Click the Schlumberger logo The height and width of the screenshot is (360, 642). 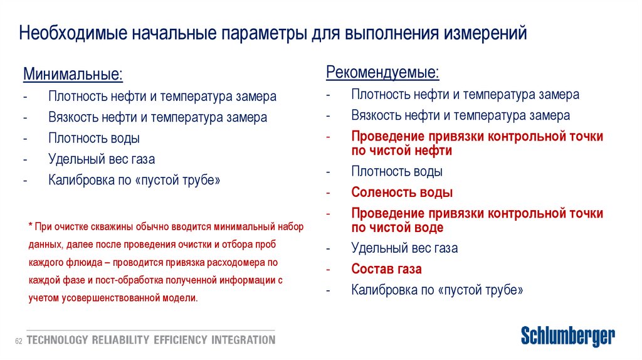coord(568,337)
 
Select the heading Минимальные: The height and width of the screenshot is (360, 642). coord(73,75)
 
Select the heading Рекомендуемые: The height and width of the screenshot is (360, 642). coord(382,72)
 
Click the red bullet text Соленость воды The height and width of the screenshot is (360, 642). coord(402,193)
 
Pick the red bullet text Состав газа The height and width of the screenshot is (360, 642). coord(386,269)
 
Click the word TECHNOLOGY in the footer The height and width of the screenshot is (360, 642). coord(57,340)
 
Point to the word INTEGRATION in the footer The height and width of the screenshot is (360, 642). coord(243,340)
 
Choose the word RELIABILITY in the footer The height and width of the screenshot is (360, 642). coord(120,340)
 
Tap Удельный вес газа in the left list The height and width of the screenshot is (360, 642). coord(101,159)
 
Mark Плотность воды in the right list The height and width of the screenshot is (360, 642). coord(397,171)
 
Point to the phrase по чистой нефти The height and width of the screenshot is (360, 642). coord(401,151)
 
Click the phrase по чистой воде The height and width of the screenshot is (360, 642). coord(397,227)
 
